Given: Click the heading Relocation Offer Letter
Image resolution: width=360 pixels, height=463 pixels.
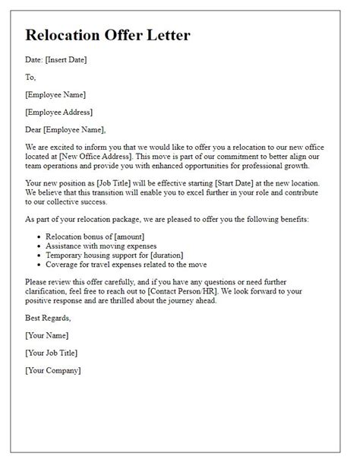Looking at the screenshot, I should pyautogui.click(x=108, y=36).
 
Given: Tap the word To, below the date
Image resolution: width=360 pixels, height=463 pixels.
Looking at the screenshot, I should pyautogui.click(x=30, y=77).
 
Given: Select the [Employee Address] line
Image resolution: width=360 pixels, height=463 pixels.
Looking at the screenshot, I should pyautogui.click(x=58, y=112).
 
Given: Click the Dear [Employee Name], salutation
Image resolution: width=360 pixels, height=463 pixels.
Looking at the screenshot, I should pyautogui.click(x=65, y=129).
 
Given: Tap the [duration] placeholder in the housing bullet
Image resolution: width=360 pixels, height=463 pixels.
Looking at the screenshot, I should pyautogui.click(x=181, y=255).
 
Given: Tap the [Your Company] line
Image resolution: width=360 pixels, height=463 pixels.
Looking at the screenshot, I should pyautogui.click(x=52, y=370).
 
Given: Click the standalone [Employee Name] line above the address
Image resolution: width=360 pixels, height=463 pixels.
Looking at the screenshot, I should pyautogui.click(x=55, y=94).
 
